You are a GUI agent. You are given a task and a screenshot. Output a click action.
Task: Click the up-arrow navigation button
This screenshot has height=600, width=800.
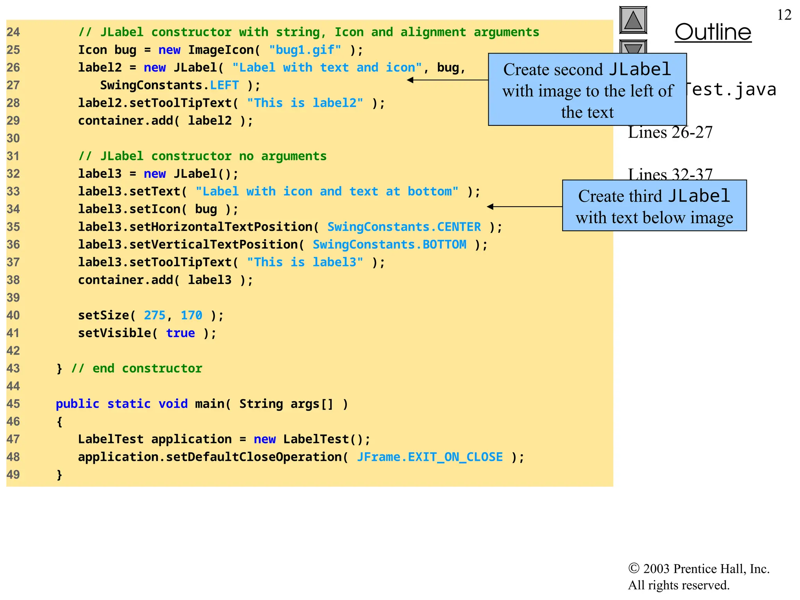coord(633,20)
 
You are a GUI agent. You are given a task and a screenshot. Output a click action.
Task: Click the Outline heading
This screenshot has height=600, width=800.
coord(713,32)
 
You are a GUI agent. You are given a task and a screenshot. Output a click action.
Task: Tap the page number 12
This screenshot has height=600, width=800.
coord(784,15)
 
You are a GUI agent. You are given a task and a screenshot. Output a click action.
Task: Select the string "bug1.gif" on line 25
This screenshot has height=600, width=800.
coord(305,50)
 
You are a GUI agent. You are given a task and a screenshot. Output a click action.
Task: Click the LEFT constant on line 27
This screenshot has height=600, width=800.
coord(224,85)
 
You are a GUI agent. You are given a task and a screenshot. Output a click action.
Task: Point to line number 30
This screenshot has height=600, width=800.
coord(13,138)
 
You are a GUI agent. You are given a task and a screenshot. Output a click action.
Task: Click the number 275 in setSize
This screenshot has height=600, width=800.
coord(155,315)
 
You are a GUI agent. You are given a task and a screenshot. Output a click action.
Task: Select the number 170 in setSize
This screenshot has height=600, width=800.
coord(191,315)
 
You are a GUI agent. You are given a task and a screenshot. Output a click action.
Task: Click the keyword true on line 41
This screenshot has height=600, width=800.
coord(180,333)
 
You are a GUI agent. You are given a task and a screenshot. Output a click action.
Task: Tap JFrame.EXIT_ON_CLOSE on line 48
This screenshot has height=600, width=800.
coord(430,457)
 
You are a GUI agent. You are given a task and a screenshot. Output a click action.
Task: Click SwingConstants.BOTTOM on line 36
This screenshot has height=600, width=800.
coord(389,245)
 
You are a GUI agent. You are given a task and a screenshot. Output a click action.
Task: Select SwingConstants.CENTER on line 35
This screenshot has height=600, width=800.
coord(404,227)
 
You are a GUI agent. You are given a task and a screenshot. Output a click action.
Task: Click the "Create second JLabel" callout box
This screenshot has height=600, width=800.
coord(587,90)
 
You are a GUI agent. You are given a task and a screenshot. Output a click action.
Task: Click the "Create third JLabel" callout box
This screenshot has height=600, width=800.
coord(654,206)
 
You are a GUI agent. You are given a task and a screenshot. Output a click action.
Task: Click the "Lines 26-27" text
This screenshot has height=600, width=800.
coord(670,133)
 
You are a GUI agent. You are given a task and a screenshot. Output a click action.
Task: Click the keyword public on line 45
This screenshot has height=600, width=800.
coord(77,404)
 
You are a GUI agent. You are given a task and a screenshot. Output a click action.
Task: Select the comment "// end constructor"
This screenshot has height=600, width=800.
coord(137,368)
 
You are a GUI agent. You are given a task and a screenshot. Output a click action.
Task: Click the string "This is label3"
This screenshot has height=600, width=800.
coord(305,262)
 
